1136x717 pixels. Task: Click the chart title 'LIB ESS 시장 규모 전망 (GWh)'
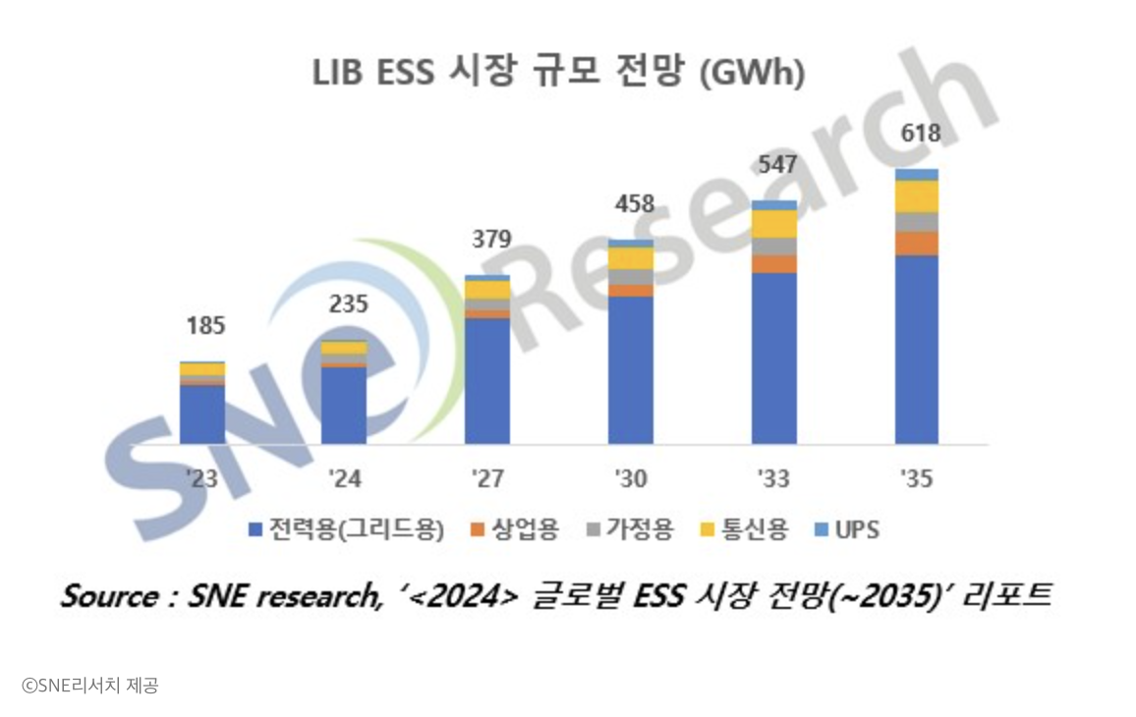tap(558, 74)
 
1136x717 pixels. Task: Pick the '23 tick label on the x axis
tap(201, 479)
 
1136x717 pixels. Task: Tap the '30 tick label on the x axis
tap(631, 479)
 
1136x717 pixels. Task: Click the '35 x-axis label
tap(917, 479)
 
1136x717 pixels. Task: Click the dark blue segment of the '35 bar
tap(917, 349)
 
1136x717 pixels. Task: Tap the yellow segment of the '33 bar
tap(774, 224)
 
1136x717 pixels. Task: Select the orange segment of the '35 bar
tap(917, 244)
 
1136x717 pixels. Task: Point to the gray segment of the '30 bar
tap(631, 277)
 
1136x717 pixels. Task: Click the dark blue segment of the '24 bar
tap(344, 405)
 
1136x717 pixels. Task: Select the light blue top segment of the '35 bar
tap(917, 174)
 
